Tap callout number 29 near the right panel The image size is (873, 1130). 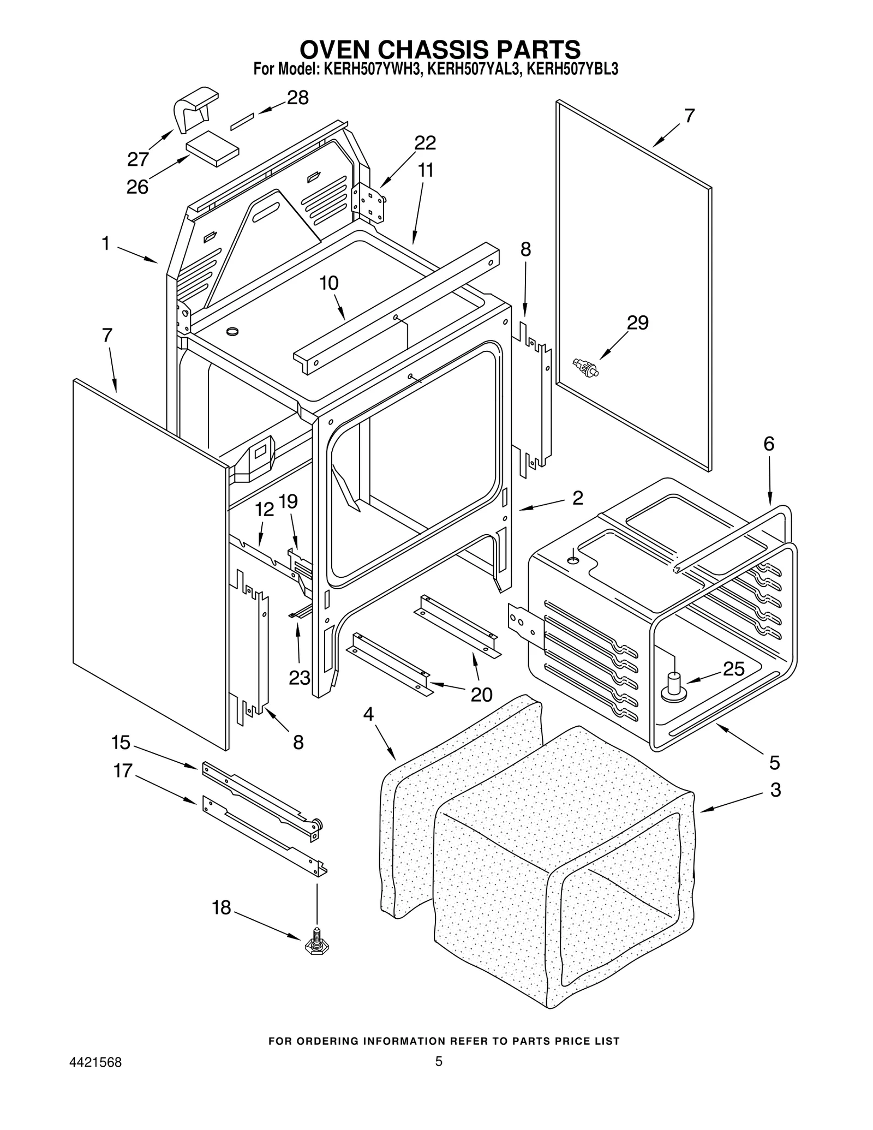coord(637,322)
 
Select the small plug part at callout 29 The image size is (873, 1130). coord(585,368)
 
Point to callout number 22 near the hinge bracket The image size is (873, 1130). coord(425,143)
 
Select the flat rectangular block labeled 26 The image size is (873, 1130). coord(212,148)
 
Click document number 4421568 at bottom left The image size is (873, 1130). coord(95,1062)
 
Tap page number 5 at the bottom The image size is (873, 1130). coord(438,1061)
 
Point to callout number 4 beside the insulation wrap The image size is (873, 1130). coord(369,714)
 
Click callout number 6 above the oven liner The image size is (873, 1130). coord(768,444)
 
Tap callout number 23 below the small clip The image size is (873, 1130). coord(299,677)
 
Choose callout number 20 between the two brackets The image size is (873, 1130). coord(481,694)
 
